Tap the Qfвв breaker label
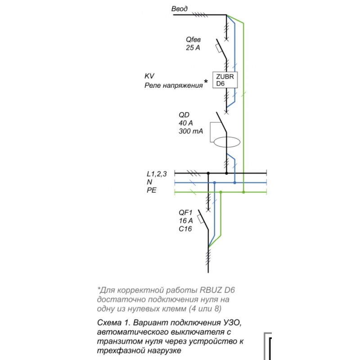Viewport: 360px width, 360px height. (194, 40)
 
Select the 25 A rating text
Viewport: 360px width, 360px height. (193, 47)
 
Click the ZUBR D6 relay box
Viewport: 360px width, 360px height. (225, 80)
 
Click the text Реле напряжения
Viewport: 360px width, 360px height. (173, 85)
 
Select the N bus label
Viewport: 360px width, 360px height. (149, 182)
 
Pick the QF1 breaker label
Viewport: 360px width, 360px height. (185, 212)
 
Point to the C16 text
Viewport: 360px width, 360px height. (185, 229)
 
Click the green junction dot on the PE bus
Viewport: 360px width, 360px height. (243, 192)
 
